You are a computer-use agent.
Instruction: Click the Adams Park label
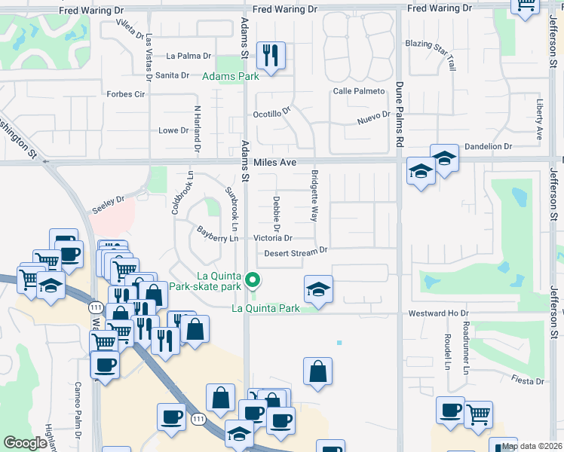231,76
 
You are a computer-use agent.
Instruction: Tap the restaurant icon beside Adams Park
270,56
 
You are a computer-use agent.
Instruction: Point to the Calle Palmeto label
359,91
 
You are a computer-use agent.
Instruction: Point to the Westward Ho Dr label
438,313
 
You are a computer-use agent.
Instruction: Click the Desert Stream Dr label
296,252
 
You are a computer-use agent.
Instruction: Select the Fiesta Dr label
527,381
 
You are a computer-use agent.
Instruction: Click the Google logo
25,443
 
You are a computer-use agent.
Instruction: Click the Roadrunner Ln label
466,347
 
